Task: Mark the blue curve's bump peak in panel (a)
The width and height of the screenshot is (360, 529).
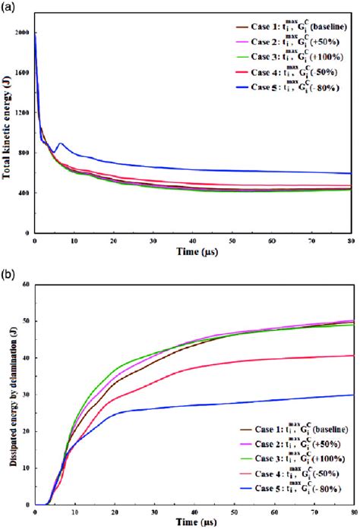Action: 62,143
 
